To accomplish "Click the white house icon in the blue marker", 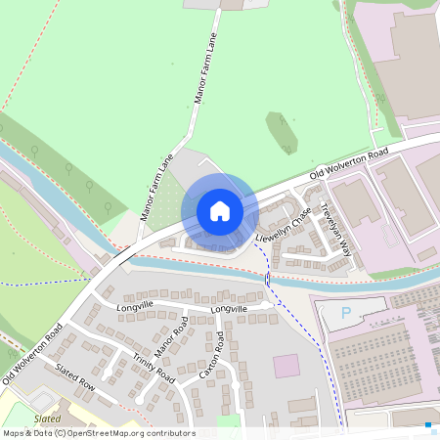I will (220, 211).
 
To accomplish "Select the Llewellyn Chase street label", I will (284, 225).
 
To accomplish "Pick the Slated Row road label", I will (74, 377).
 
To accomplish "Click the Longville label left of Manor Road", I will (136, 307).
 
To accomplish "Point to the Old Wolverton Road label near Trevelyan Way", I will (349, 162).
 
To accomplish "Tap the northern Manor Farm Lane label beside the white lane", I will (203, 70).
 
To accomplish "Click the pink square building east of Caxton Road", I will (286, 367).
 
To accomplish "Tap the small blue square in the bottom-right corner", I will (428, 425).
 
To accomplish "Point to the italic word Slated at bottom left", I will (46, 418).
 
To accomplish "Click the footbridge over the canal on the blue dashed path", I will (268, 280).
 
